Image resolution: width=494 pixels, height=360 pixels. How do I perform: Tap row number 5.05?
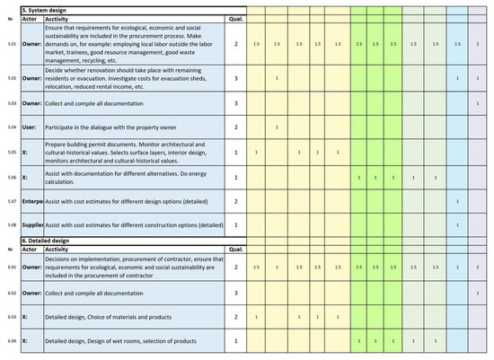[x=10, y=152]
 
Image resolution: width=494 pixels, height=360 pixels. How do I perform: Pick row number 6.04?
[x=10, y=341]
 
